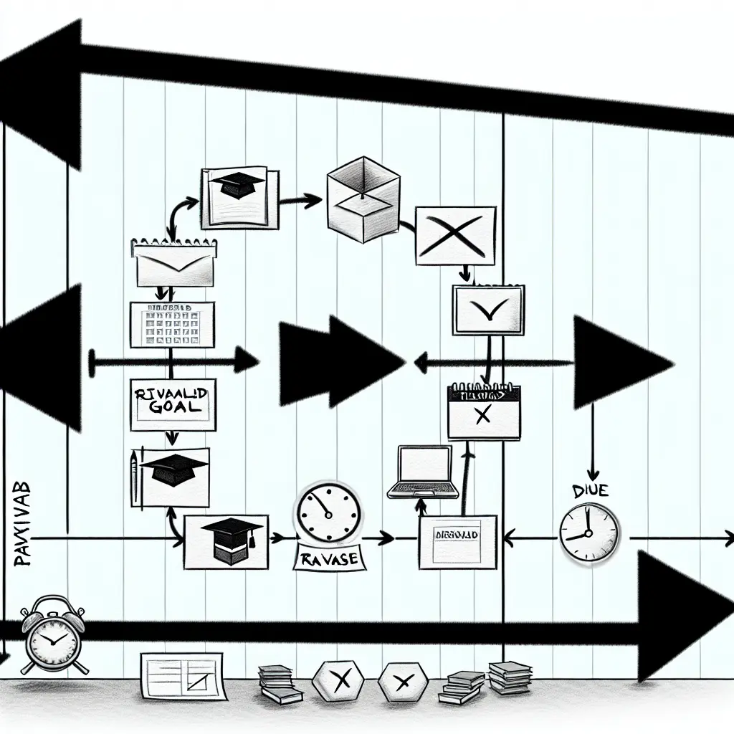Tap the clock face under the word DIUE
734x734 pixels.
[588, 532]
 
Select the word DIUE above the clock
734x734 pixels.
[591, 491]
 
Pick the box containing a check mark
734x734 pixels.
[488, 309]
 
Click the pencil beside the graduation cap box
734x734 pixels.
[134, 475]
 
